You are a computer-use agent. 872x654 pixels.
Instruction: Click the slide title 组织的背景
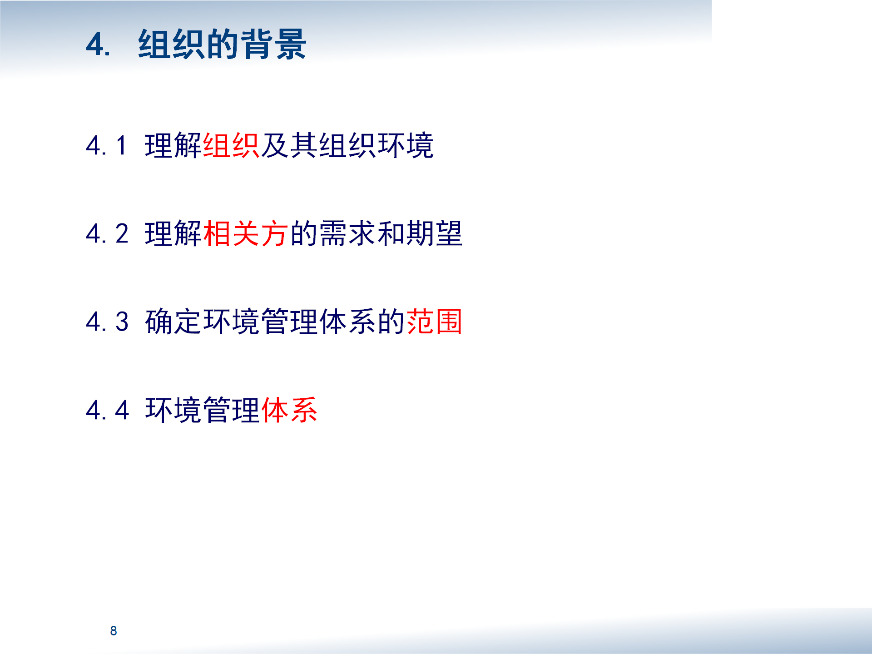(x=222, y=44)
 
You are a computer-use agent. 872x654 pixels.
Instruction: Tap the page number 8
(x=114, y=630)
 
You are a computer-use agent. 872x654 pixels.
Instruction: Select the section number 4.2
(x=107, y=233)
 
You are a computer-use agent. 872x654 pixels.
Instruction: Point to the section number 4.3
(x=107, y=322)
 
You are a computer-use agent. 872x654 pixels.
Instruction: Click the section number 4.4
(x=107, y=410)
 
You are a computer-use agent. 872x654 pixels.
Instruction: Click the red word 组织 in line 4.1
(x=231, y=145)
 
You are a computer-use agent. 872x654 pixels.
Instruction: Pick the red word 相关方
(x=246, y=233)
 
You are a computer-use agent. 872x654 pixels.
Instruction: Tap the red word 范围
(x=435, y=322)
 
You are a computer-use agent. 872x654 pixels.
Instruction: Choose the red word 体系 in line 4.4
(x=289, y=410)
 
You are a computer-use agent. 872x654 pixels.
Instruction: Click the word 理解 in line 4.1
(x=173, y=145)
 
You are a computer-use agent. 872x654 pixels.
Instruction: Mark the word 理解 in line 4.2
(x=173, y=233)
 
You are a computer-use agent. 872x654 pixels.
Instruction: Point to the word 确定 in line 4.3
(x=173, y=322)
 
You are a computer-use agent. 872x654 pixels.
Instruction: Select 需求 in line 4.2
(x=347, y=233)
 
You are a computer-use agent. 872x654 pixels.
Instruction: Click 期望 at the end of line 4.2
(x=435, y=233)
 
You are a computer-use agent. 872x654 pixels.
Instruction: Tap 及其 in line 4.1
(x=289, y=145)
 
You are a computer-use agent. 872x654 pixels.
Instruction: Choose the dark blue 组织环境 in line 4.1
(x=377, y=145)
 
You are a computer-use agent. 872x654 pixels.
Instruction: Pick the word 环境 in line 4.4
(x=173, y=410)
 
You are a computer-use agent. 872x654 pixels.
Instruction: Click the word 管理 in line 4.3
(x=289, y=322)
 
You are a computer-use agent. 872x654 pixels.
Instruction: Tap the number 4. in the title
(x=98, y=45)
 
